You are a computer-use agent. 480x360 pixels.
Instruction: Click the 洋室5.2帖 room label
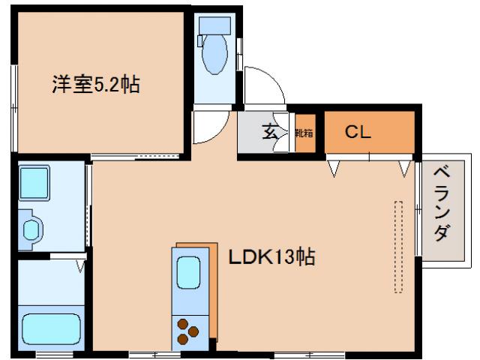(x=95, y=84)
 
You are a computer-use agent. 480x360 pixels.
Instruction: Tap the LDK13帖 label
(x=271, y=257)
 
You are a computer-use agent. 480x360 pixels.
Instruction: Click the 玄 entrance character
(x=269, y=134)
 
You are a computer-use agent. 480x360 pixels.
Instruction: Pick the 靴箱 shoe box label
(x=304, y=134)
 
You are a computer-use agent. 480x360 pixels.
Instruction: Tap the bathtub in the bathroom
(x=51, y=328)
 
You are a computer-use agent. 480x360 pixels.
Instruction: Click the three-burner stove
(x=188, y=331)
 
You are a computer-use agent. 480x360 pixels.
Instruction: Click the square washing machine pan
(x=34, y=182)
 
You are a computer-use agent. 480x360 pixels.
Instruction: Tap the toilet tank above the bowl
(x=215, y=23)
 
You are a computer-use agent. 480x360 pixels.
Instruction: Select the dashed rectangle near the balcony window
(x=398, y=246)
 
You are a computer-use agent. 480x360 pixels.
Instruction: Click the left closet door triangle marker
(x=335, y=168)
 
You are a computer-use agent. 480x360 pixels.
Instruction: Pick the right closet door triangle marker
(x=406, y=168)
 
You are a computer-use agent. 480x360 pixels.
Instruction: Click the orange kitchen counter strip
(x=212, y=292)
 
